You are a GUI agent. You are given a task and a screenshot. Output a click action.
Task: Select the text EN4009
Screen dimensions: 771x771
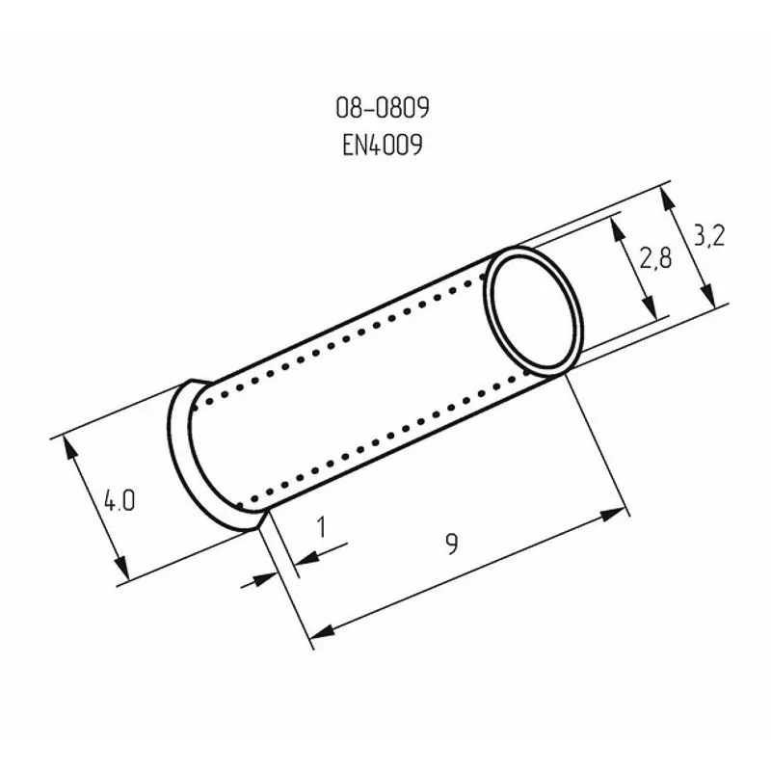coord(382,145)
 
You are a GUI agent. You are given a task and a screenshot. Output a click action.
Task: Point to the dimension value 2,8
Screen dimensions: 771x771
coord(654,259)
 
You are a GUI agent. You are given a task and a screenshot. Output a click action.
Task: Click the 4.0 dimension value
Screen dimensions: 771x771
coord(120,502)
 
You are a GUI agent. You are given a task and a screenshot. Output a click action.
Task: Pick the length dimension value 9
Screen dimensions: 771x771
coord(451,545)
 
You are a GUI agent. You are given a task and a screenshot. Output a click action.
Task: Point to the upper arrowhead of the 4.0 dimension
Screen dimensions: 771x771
coord(69,445)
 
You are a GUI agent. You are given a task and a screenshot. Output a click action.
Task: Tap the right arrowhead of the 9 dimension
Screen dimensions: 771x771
coord(616,515)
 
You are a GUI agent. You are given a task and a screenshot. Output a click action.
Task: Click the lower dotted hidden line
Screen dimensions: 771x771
coord(385,445)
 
